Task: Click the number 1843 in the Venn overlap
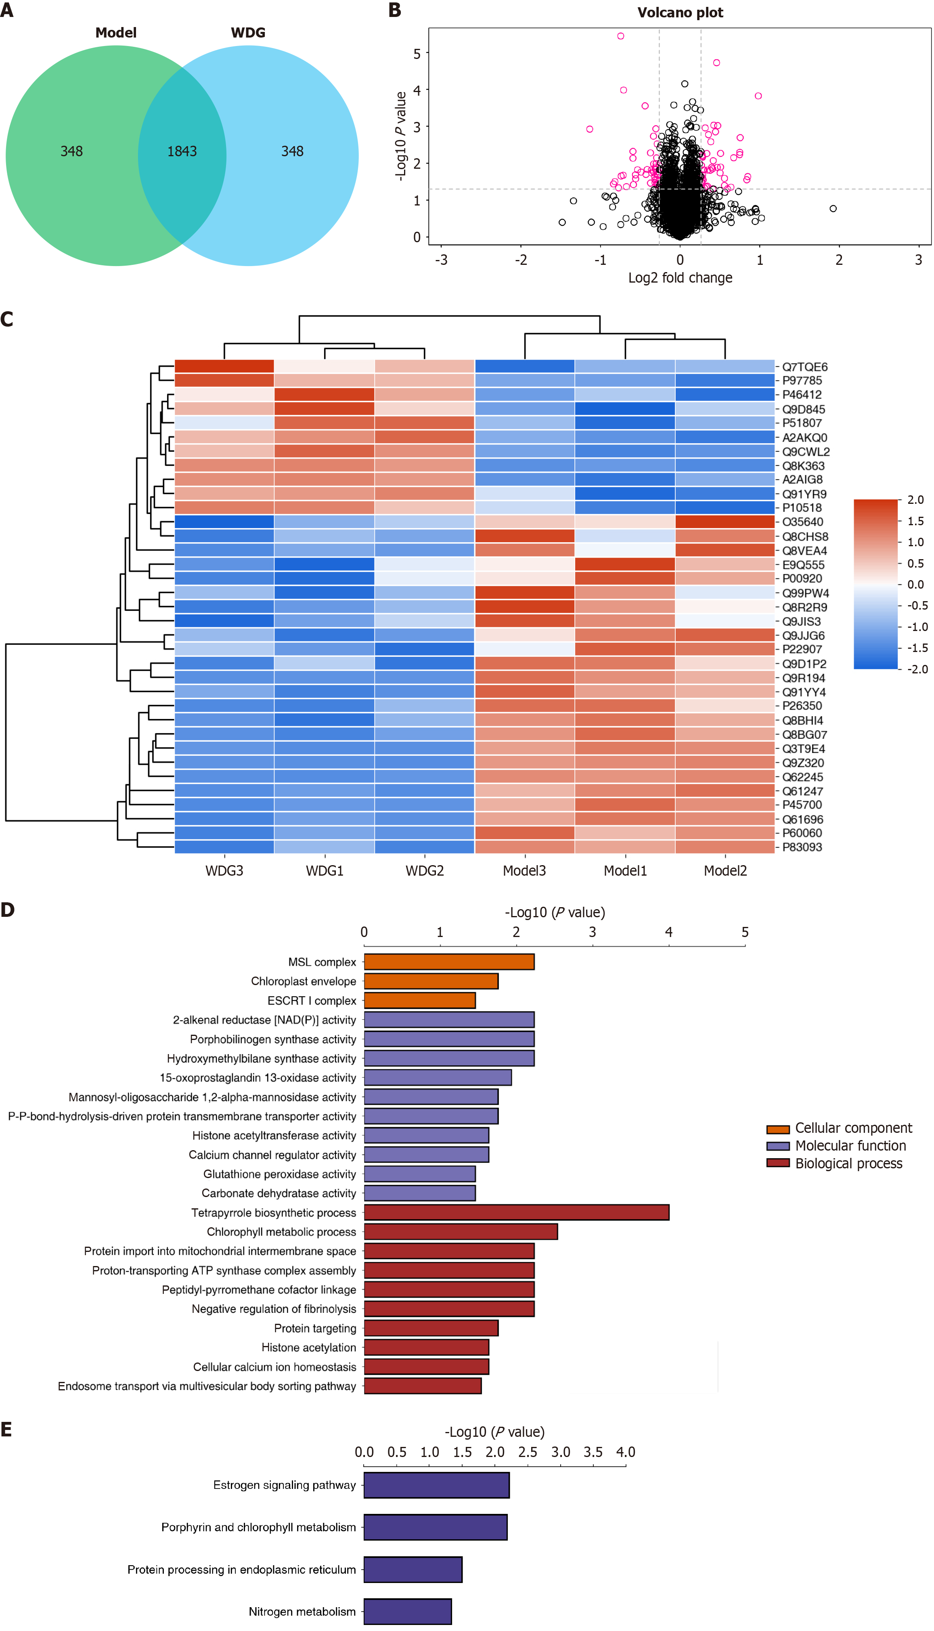tap(182, 151)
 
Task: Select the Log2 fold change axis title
tap(680, 278)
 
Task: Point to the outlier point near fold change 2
tap(833, 209)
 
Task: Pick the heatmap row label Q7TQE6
tap(804, 367)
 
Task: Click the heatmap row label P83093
tap(802, 847)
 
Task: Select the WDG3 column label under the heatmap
tap(224, 871)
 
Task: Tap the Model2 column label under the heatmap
tap(725, 871)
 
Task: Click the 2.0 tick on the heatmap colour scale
tap(915, 500)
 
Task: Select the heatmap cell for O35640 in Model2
tap(725, 522)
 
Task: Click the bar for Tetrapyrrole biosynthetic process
tap(516, 1212)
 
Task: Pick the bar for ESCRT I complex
tap(419, 1000)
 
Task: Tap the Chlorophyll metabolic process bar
tap(461, 1231)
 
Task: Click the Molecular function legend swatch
tap(777, 1146)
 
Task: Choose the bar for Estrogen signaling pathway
tap(436, 1485)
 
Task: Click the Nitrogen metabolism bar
tap(407, 1611)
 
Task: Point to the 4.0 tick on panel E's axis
tap(626, 1452)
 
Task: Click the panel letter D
tap(8, 910)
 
